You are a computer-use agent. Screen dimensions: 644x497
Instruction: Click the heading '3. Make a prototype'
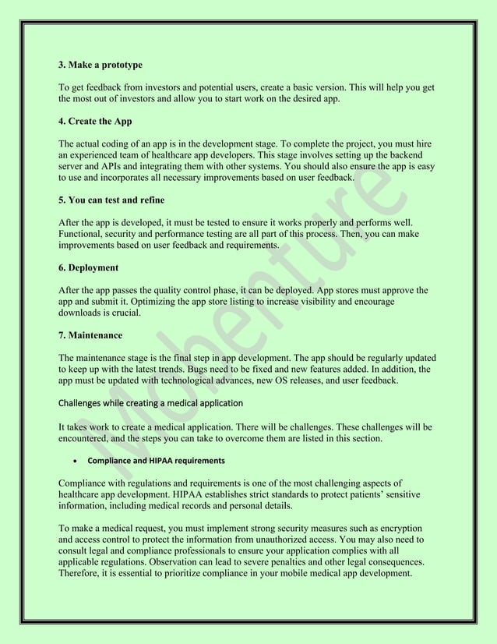tap(100, 64)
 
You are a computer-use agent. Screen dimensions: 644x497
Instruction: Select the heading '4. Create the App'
tap(95, 122)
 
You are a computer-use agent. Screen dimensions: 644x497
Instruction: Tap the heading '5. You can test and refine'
tap(111, 200)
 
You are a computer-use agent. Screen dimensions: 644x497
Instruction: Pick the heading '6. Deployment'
tap(89, 267)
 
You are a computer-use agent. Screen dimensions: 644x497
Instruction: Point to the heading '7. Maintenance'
tap(90, 335)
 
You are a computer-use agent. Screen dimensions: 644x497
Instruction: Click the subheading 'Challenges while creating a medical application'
tap(151, 403)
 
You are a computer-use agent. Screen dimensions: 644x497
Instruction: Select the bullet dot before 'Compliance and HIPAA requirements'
tap(73, 461)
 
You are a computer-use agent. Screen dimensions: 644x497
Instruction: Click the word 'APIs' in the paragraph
tap(106, 167)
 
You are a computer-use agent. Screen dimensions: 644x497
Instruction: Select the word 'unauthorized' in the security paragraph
tap(289, 540)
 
